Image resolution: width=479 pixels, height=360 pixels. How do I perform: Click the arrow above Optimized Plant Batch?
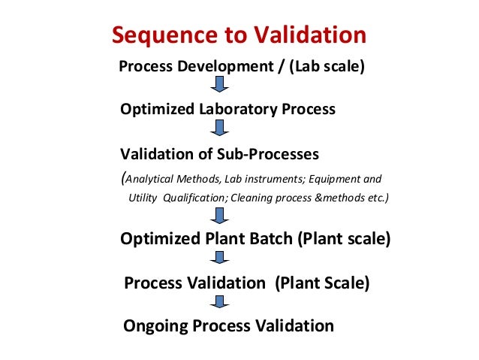tap(219, 218)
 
